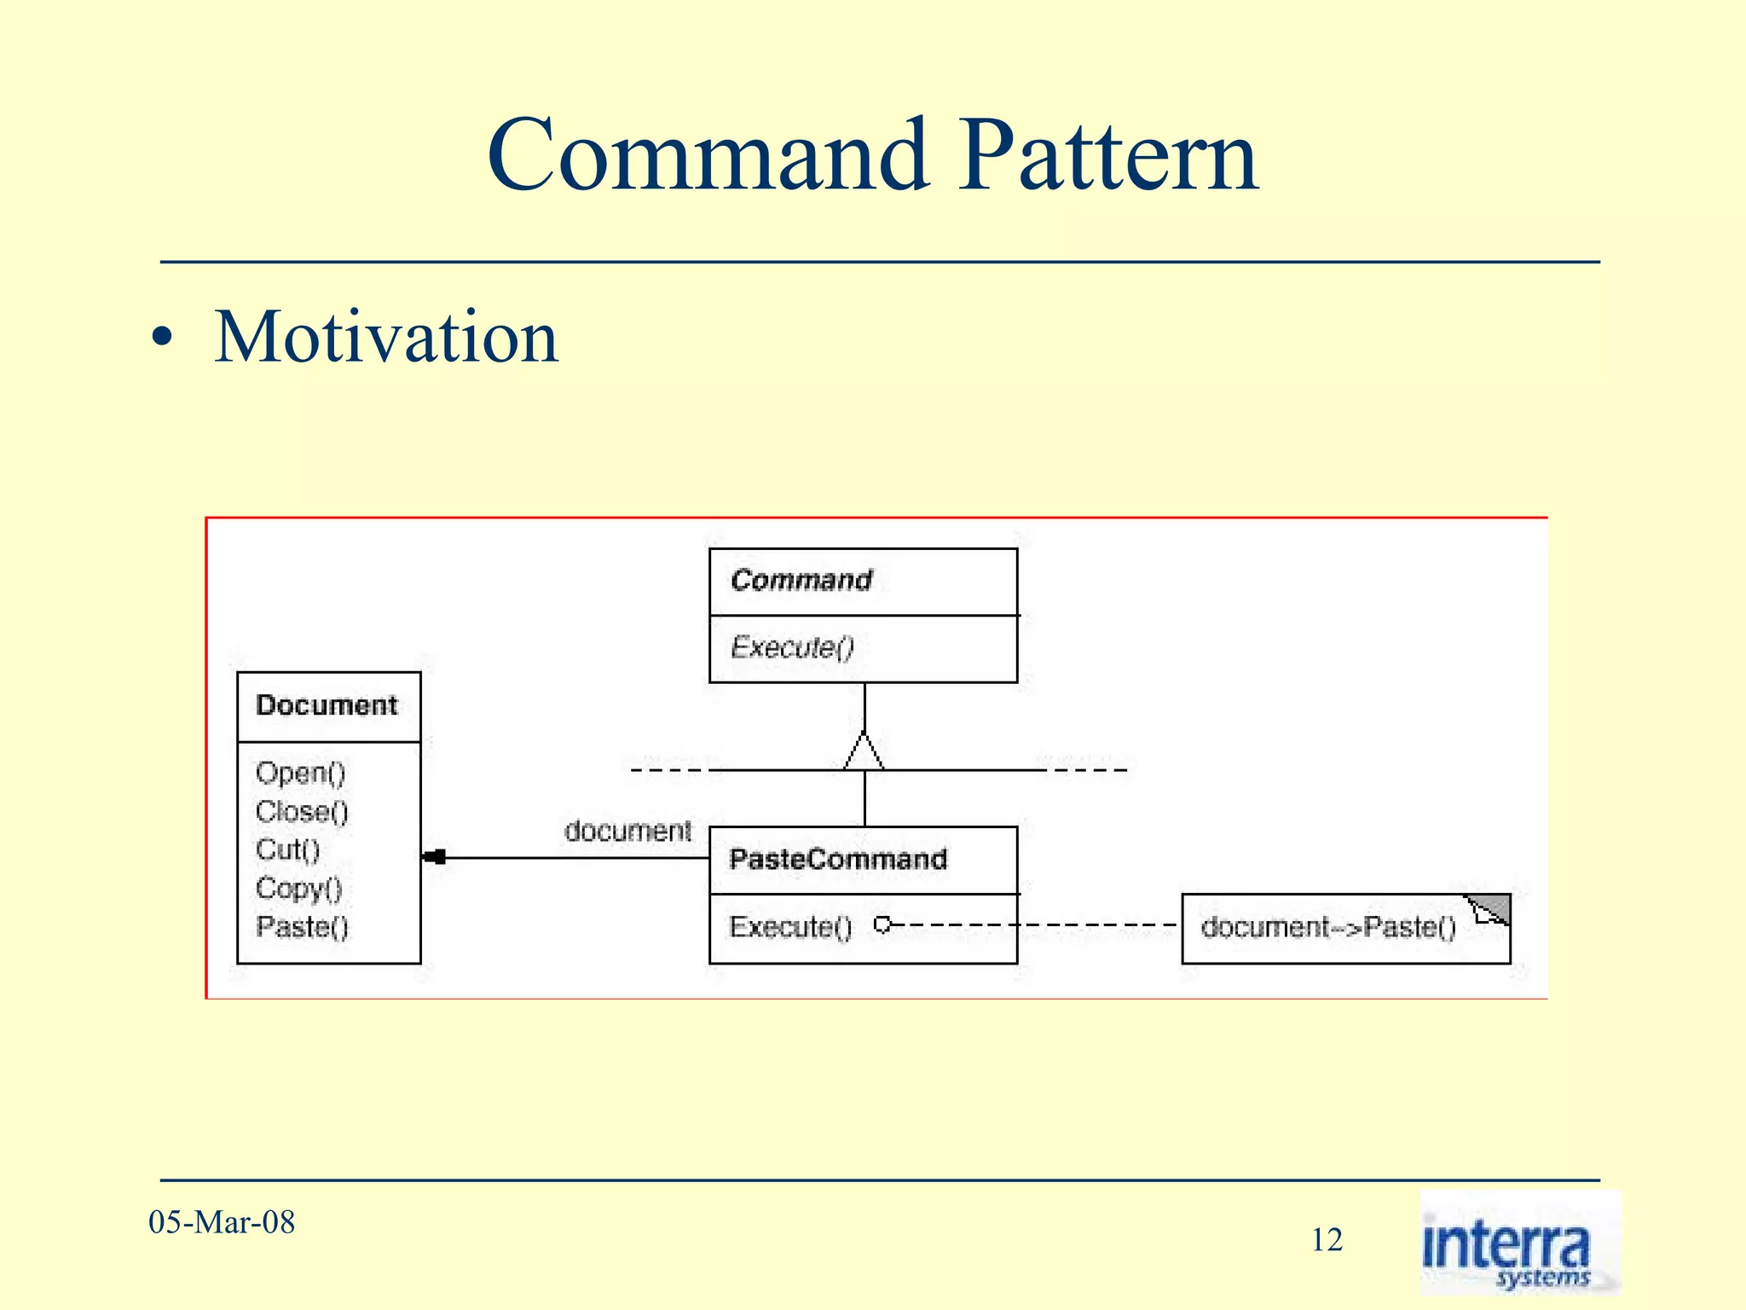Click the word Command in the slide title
(708, 155)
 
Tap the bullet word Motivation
(385, 337)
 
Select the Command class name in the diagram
(801, 581)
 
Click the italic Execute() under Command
(792, 647)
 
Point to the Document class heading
(327, 705)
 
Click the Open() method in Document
(300, 773)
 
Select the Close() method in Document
(302, 811)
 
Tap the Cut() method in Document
(287, 849)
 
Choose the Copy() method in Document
(298, 888)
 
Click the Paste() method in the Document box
(302, 926)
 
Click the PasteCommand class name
(838, 859)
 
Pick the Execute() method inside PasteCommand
(790, 926)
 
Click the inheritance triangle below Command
(864, 752)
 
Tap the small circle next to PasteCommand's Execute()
(883, 925)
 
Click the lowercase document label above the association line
(627, 831)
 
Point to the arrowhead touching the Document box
(435, 857)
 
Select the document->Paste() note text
(1328, 927)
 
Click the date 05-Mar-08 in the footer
(222, 1222)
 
